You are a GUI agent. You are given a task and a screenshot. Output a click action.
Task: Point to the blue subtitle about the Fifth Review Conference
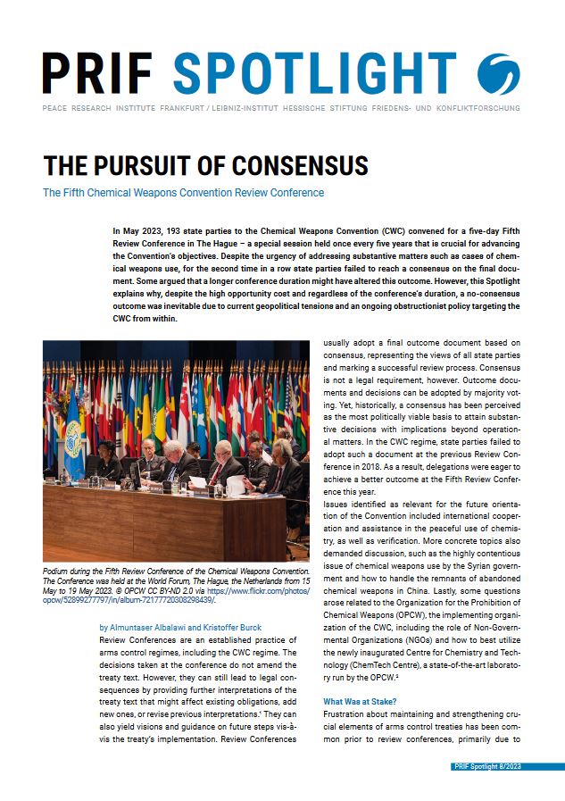pyautogui.click(x=183, y=193)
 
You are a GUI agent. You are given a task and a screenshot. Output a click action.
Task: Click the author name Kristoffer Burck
pyautogui.click(x=233, y=627)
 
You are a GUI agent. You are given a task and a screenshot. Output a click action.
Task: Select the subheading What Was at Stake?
pyautogui.click(x=360, y=701)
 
